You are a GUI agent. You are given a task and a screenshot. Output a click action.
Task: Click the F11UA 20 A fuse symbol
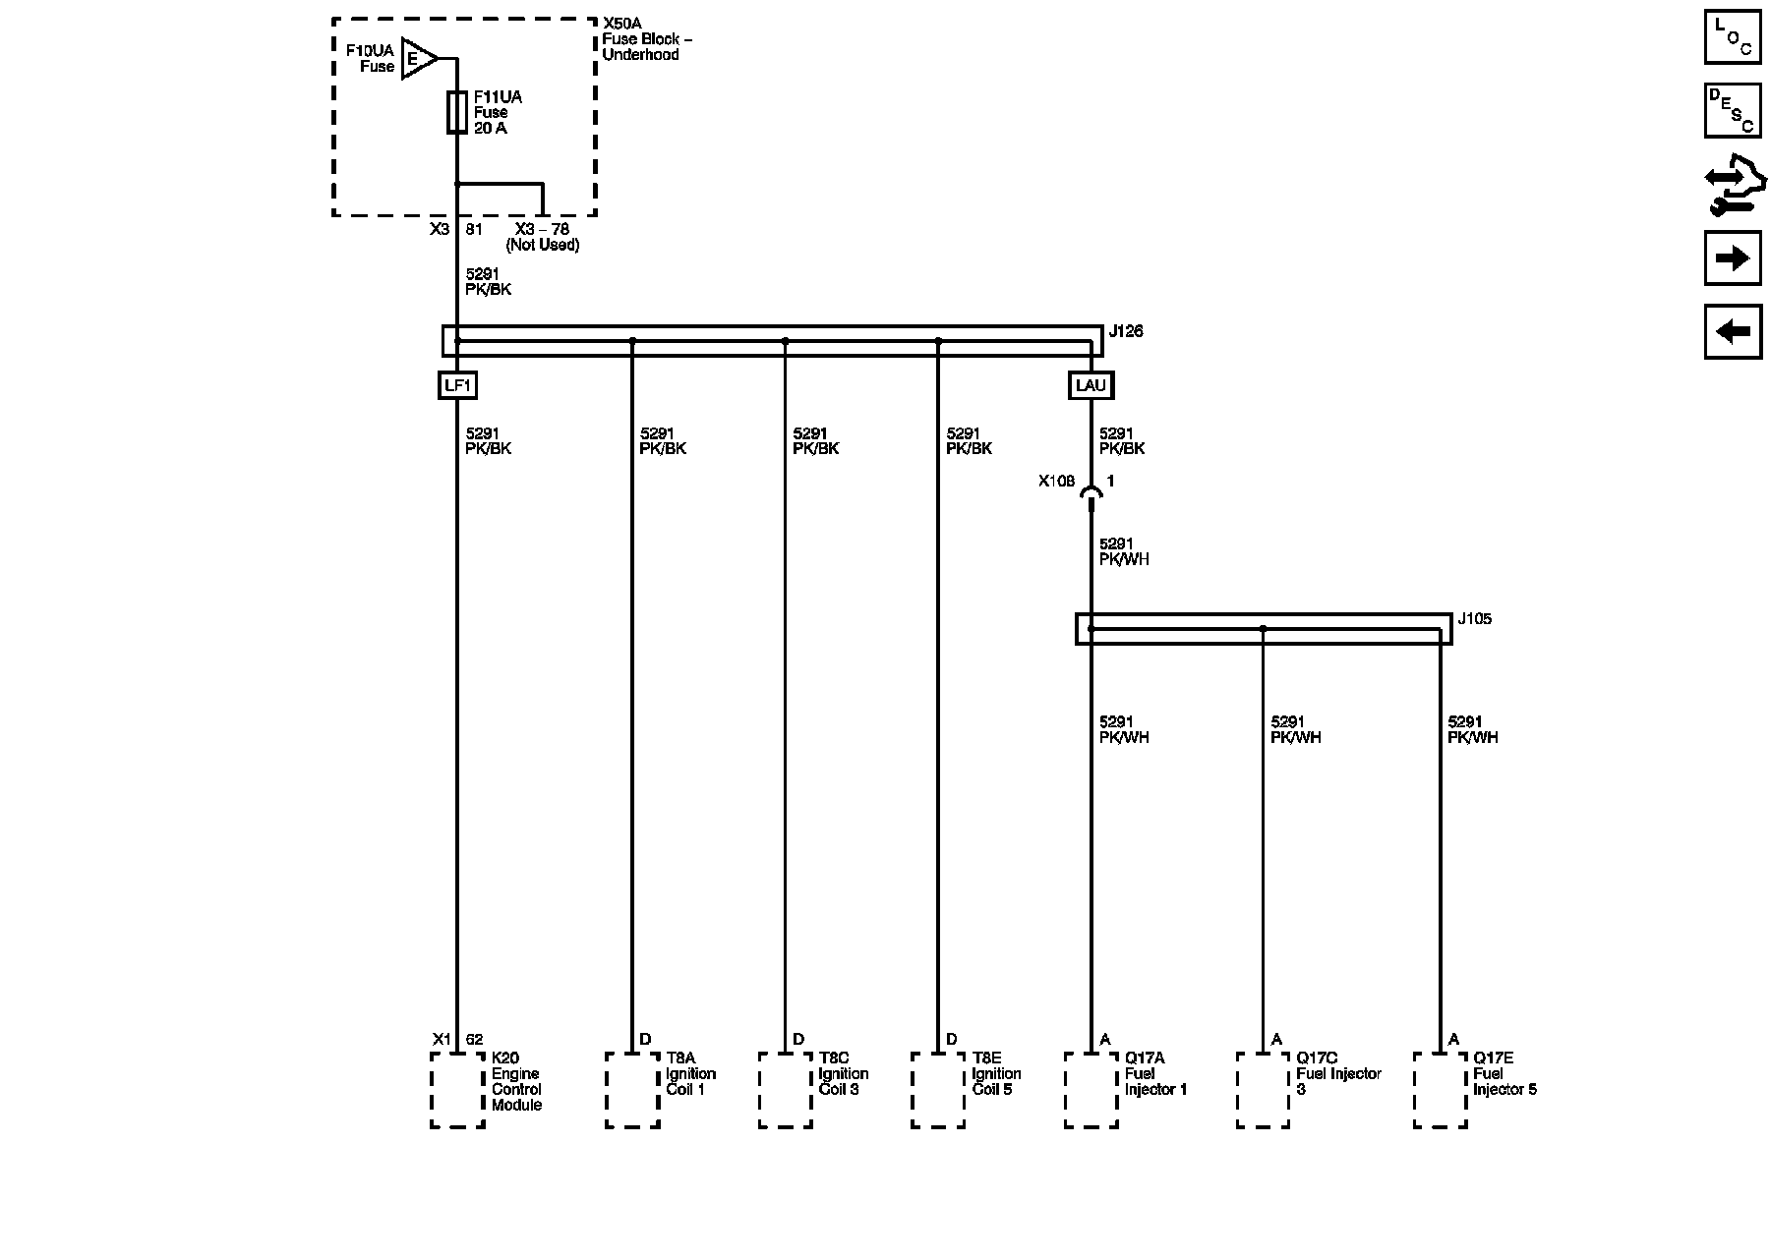(456, 112)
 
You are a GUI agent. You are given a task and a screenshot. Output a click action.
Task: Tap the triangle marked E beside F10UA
(418, 59)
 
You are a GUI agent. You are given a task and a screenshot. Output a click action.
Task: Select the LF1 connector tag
(457, 385)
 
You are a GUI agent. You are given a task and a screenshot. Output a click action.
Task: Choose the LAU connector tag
(1091, 385)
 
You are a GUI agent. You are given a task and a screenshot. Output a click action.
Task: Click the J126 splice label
(1126, 332)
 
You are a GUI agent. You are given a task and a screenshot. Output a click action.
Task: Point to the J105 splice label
(1474, 619)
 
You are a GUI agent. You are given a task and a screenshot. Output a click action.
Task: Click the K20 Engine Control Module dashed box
(457, 1090)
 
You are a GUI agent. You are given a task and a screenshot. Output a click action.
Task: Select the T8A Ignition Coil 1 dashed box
(632, 1090)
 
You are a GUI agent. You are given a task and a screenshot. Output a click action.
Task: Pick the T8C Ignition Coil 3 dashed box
(785, 1090)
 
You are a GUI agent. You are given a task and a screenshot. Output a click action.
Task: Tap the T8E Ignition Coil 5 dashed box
(938, 1090)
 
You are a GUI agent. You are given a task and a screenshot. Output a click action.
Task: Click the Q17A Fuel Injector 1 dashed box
(1091, 1090)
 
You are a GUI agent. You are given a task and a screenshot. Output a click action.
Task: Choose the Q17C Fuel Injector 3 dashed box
(1263, 1090)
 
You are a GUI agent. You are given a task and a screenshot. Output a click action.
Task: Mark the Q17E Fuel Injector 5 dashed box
(1440, 1090)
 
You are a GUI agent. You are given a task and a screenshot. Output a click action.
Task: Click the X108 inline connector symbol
(1091, 494)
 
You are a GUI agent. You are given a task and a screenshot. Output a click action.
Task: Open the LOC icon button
(1733, 36)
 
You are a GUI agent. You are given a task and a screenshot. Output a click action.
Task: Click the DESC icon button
(1733, 110)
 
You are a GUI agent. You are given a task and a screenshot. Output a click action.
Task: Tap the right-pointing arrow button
(1733, 258)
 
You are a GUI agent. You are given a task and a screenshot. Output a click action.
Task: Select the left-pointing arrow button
(1733, 331)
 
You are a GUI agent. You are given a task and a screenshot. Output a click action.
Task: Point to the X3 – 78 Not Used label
(543, 237)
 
